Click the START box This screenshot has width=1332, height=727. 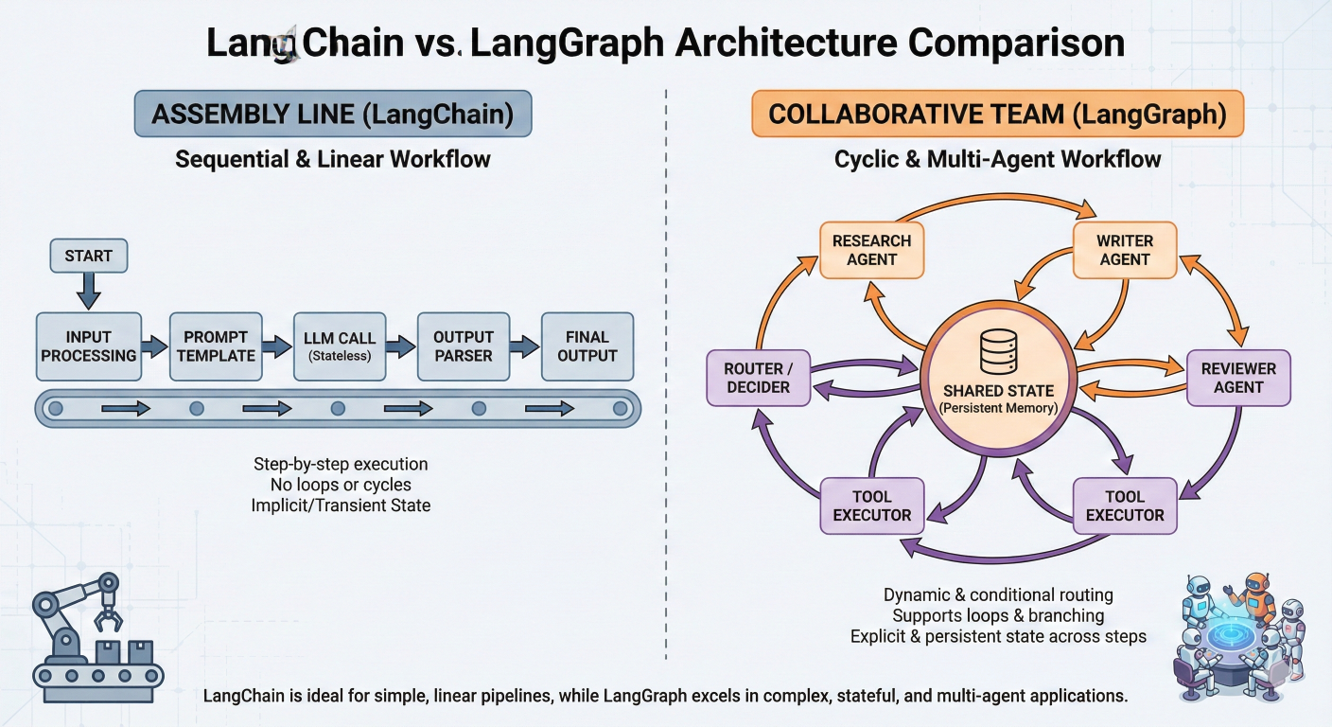[x=88, y=256]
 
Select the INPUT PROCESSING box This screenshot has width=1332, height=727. [x=88, y=346]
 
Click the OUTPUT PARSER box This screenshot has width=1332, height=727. [x=464, y=346]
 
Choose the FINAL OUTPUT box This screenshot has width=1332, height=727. [x=587, y=346]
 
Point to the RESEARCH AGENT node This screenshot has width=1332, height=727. [x=871, y=250]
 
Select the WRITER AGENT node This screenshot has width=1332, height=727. [x=1125, y=250]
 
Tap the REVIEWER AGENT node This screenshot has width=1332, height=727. [x=1238, y=377]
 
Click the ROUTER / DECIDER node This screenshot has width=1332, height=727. [x=759, y=377]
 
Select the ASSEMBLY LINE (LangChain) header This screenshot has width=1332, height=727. [x=333, y=115]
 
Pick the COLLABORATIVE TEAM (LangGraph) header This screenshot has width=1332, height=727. [x=997, y=115]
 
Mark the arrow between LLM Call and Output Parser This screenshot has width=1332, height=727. [x=403, y=347]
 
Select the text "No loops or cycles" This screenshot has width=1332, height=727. [x=341, y=485]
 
